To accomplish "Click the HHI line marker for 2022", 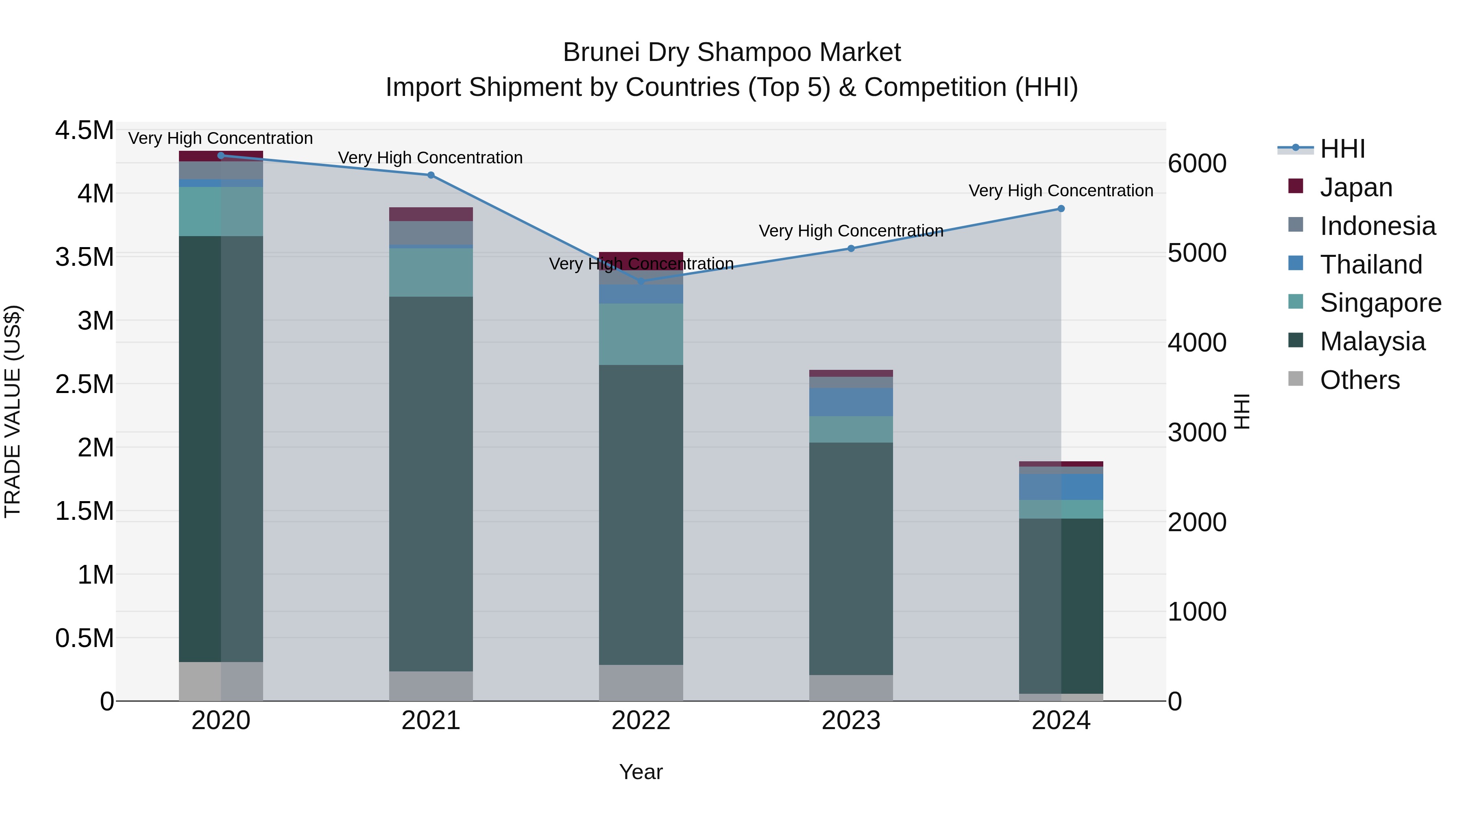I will point(641,281).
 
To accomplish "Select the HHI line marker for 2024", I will point(1061,208).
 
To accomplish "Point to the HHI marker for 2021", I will point(431,175).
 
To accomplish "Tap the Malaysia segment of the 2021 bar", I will point(431,483).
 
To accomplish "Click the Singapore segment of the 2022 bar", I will point(641,334).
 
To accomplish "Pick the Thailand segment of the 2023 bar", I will point(851,402).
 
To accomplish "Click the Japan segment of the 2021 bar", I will point(431,214).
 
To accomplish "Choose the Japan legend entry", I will point(1355,187).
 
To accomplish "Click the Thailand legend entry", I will point(1370,265).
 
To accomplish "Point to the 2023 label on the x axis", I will point(851,721).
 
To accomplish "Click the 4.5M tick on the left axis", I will point(84,130).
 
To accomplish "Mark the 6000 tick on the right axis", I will point(1197,163).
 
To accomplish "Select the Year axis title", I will point(640,772).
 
